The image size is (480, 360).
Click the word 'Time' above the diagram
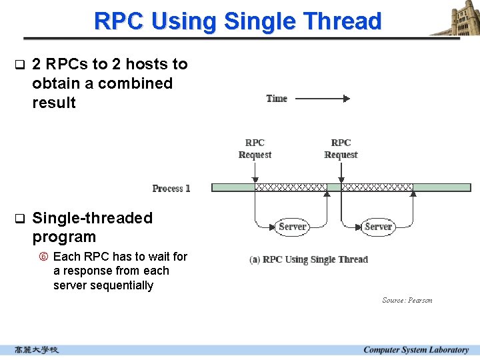click(277, 99)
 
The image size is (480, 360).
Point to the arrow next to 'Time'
click(322, 99)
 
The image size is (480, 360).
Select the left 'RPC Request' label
click(255, 149)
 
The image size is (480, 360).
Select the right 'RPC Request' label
click(341, 149)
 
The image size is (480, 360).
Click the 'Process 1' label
click(171, 189)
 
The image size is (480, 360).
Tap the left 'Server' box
click(292, 227)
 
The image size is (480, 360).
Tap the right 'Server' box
click(378, 227)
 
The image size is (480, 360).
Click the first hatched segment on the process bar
click(291, 188)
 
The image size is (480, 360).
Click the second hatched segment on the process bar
click(377, 188)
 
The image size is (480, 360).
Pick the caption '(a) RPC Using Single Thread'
click(309, 259)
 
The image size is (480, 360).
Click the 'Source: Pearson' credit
click(407, 300)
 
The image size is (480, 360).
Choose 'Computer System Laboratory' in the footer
click(416, 350)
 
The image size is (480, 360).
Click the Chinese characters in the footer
click(37, 350)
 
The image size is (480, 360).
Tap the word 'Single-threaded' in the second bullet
click(92, 218)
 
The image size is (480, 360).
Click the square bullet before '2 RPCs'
click(19, 65)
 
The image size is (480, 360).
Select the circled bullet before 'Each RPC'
click(45, 257)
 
